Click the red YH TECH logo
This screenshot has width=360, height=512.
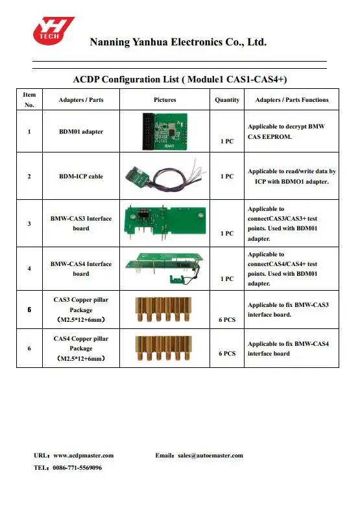pyautogui.click(x=53, y=30)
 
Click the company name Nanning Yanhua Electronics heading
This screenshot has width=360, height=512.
pyautogui.click(x=178, y=42)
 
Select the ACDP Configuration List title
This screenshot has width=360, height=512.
pyautogui.click(x=180, y=79)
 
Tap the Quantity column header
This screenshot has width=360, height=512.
pyautogui.click(x=227, y=100)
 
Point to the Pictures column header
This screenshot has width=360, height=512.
pyautogui.click(x=165, y=100)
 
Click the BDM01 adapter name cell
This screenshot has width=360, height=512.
pyautogui.click(x=81, y=132)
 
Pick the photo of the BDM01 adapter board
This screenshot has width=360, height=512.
pyautogui.click(x=165, y=131)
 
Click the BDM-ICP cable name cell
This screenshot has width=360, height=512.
pyautogui.click(x=81, y=177)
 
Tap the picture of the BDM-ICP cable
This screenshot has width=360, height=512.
pyautogui.click(x=165, y=177)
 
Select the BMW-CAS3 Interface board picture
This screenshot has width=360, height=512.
pyautogui.click(x=165, y=224)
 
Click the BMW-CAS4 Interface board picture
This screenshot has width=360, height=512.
pyautogui.click(x=165, y=267)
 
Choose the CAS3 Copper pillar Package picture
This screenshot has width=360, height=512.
pyautogui.click(x=163, y=310)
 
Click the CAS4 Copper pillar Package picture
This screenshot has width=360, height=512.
pyautogui.click(x=163, y=348)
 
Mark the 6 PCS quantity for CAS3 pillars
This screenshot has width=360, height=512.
pyautogui.click(x=227, y=320)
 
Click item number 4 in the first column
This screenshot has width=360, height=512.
pyautogui.click(x=29, y=269)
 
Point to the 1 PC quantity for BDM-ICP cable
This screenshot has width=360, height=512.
pyautogui.click(x=227, y=177)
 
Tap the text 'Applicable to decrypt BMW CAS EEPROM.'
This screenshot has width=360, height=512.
pyautogui.click(x=286, y=132)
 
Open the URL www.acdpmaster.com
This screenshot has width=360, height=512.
pyautogui.click(x=84, y=456)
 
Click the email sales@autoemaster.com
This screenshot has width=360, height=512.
pyautogui.click(x=210, y=456)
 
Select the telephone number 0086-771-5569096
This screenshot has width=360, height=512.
pyautogui.click(x=77, y=468)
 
